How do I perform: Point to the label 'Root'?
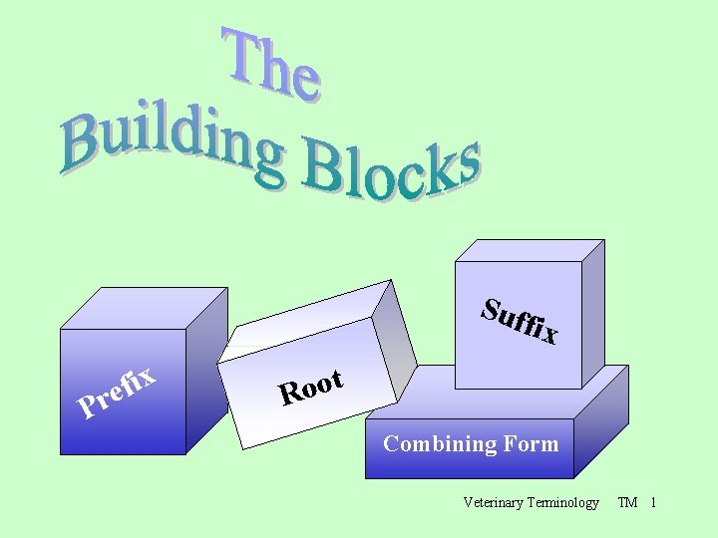312,388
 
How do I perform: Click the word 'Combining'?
432,444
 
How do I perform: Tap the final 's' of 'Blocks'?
465,164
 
